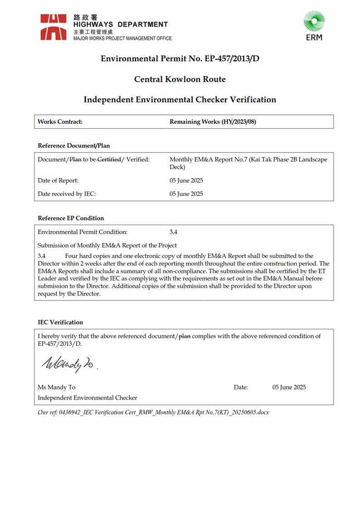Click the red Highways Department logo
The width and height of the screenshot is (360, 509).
[54, 27]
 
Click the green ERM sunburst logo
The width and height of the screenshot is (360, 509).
[314, 22]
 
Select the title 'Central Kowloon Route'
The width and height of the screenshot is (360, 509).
[180, 79]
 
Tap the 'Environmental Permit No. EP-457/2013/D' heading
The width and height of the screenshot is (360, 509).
[180, 59]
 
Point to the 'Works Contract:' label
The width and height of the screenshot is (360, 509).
[60, 122]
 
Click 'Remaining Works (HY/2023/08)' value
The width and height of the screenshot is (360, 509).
[213, 122]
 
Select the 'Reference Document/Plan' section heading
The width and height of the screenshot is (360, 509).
[73, 146]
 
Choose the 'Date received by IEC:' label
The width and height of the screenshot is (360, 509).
[67, 194]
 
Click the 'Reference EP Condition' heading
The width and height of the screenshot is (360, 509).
[71, 218]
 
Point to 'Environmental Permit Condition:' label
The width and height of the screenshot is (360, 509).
[83, 232]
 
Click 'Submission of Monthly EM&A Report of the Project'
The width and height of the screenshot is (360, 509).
[107, 246]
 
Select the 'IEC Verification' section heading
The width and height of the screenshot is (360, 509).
[60, 323]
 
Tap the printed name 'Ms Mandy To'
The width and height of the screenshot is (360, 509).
[57, 387]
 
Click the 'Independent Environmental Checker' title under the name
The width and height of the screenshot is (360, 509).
[87, 398]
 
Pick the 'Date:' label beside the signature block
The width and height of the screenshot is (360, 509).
[241, 387]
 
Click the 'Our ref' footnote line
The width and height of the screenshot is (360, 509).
[153, 412]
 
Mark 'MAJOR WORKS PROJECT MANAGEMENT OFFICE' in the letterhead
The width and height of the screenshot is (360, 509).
[122, 39]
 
